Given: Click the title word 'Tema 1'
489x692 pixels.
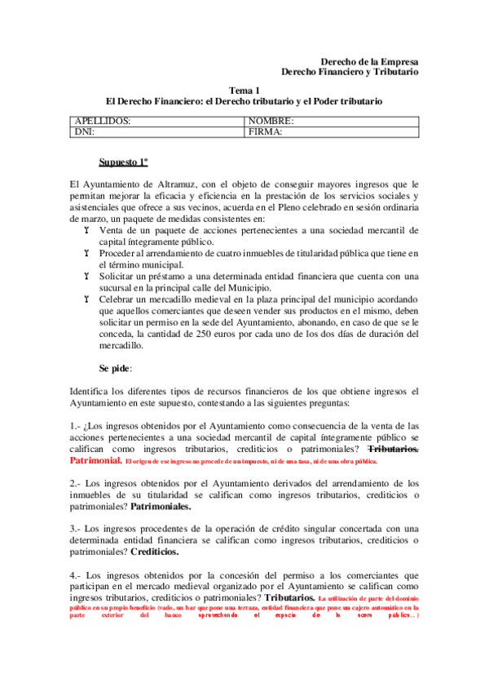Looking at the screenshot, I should click(x=244, y=91).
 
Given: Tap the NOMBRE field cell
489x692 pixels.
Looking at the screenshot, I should click(x=332, y=121).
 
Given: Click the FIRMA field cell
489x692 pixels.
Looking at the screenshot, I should click(x=332, y=131).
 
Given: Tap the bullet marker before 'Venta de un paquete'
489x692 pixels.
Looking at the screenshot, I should click(x=86, y=231).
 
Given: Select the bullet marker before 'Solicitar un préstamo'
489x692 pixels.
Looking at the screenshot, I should click(x=86, y=277).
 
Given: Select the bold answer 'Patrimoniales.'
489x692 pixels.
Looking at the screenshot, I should click(x=161, y=507).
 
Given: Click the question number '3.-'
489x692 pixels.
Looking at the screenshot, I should click(x=76, y=528).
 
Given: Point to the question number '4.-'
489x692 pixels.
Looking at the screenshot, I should click(x=76, y=574).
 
